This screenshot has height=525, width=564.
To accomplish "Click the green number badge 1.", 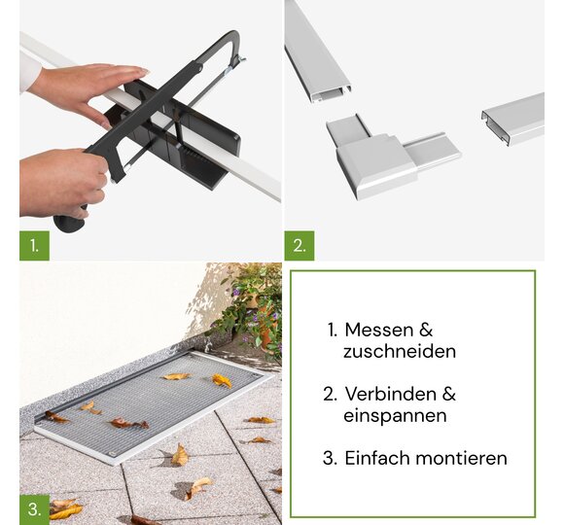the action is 34,246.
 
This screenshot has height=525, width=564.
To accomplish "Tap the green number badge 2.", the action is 300,246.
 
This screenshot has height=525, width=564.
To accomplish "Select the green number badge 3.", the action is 34,509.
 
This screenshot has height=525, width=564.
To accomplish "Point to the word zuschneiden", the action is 400,351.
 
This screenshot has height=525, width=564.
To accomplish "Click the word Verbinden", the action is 390,394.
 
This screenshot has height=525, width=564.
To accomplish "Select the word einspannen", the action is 395,416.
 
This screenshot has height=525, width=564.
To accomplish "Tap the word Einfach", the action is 378,458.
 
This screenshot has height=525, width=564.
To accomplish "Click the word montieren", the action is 462,458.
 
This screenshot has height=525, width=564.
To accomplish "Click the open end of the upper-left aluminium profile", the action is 331,94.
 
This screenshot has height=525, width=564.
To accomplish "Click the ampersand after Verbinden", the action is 448,394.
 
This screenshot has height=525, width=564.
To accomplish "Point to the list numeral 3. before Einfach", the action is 330,458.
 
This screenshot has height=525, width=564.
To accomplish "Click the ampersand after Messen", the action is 426,330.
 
